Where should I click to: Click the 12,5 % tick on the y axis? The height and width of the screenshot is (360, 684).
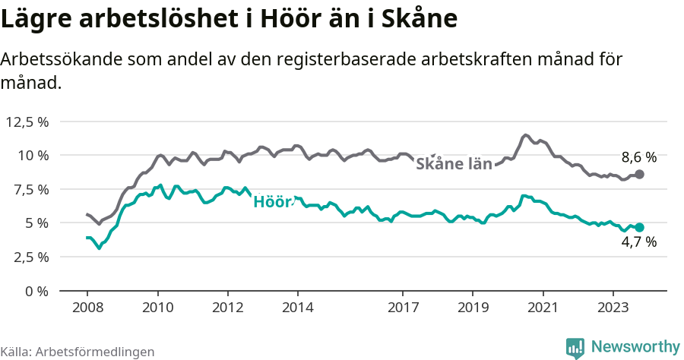[27, 122]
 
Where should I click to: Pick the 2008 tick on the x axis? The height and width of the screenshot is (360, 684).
[87, 308]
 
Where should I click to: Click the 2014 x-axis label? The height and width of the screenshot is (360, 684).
[297, 308]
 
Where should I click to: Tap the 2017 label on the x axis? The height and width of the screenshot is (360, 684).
[403, 308]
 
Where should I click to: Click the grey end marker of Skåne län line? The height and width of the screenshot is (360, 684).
[640, 175]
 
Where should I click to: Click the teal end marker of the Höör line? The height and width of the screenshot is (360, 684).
[640, 227]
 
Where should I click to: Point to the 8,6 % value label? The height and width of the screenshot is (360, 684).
[638, 158]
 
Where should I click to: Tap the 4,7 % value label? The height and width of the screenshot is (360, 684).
[638, 243]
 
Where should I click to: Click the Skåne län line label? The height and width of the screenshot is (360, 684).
[454, 164]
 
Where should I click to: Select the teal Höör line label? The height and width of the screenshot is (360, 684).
[271, 202]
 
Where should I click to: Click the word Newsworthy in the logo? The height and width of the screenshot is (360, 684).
[635, 346]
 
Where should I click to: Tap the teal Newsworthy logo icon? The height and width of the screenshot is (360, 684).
[575, 347]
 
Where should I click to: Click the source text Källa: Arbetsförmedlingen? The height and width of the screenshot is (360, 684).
[78, 352]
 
